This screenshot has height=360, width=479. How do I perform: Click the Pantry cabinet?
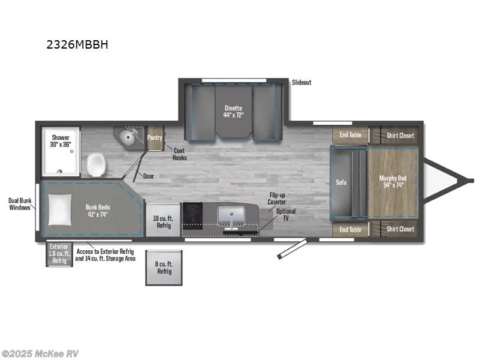(155, 138)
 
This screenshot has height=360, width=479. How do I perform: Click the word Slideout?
(302, 82)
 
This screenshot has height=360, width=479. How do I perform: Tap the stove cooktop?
(194, 215)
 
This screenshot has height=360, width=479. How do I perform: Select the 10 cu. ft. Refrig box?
(163, 221)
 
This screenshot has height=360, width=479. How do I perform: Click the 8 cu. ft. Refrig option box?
(164, 268)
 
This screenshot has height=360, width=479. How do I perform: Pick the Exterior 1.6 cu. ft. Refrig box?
(59, 254)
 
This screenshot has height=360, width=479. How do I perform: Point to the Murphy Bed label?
(391, 181)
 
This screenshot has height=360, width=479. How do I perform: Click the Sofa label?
(341, 182)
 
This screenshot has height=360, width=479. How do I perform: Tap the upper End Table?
(350, 135)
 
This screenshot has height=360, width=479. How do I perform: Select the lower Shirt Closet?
(400, 229)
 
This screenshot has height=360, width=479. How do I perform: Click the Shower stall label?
(61, 141)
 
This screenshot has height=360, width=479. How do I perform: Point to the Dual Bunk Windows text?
(20, 204)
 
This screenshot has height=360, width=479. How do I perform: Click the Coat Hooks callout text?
(179, 154)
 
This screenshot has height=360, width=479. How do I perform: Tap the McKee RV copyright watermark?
(40, 353)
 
